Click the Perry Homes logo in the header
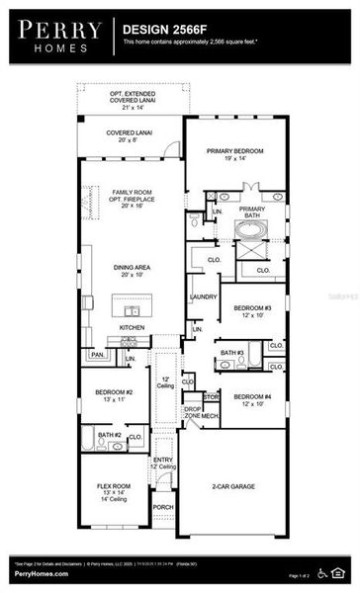click(x=58, y=38)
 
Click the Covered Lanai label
click(x=129, y=136)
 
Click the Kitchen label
click(x=133, y=327)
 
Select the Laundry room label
click(x=203, y=296)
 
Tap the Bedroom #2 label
click(x=102, y=396)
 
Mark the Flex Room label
click(x=102, y=482)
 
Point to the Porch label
click(x=162, y=507)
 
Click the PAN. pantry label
click(x=97, y=353)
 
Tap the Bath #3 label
click(x=232, y=353)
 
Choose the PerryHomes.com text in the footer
click(x=41, y=573)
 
